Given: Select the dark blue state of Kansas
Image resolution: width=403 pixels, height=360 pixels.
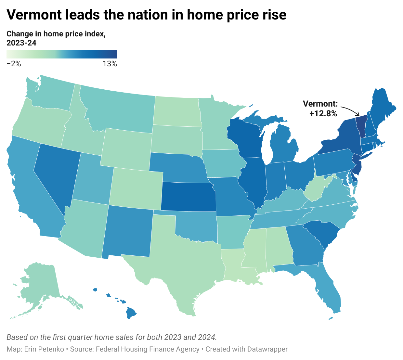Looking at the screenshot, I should point(188,197).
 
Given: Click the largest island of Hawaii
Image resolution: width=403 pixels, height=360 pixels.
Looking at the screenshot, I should point(131,312).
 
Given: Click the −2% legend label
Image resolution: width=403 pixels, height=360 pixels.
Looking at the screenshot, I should point(14,64).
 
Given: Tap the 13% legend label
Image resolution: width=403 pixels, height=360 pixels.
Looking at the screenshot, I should point(110,64).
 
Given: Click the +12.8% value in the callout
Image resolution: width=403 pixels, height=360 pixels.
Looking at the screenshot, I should point(323,113).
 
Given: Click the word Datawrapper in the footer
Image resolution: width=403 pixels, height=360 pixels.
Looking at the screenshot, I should point(267,349).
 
